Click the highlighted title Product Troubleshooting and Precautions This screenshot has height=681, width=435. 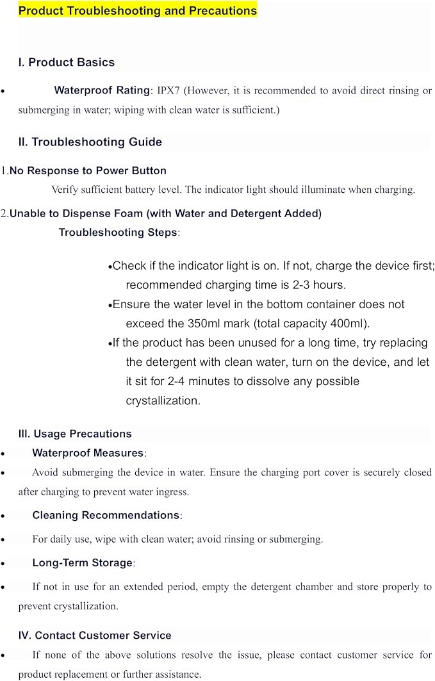137,10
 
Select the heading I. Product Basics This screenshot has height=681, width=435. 67,62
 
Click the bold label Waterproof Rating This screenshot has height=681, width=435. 102,90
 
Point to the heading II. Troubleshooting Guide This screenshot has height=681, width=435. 90,142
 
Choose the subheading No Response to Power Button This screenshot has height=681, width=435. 88,170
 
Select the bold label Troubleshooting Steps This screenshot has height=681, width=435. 118,232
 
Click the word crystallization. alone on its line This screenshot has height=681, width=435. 163,400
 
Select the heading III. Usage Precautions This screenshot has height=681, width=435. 75,434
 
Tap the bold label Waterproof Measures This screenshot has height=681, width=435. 88,453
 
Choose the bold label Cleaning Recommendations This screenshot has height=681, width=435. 106,515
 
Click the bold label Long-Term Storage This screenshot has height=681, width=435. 82,562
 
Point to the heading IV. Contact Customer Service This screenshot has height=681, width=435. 95,636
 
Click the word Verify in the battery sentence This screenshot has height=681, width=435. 67,190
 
